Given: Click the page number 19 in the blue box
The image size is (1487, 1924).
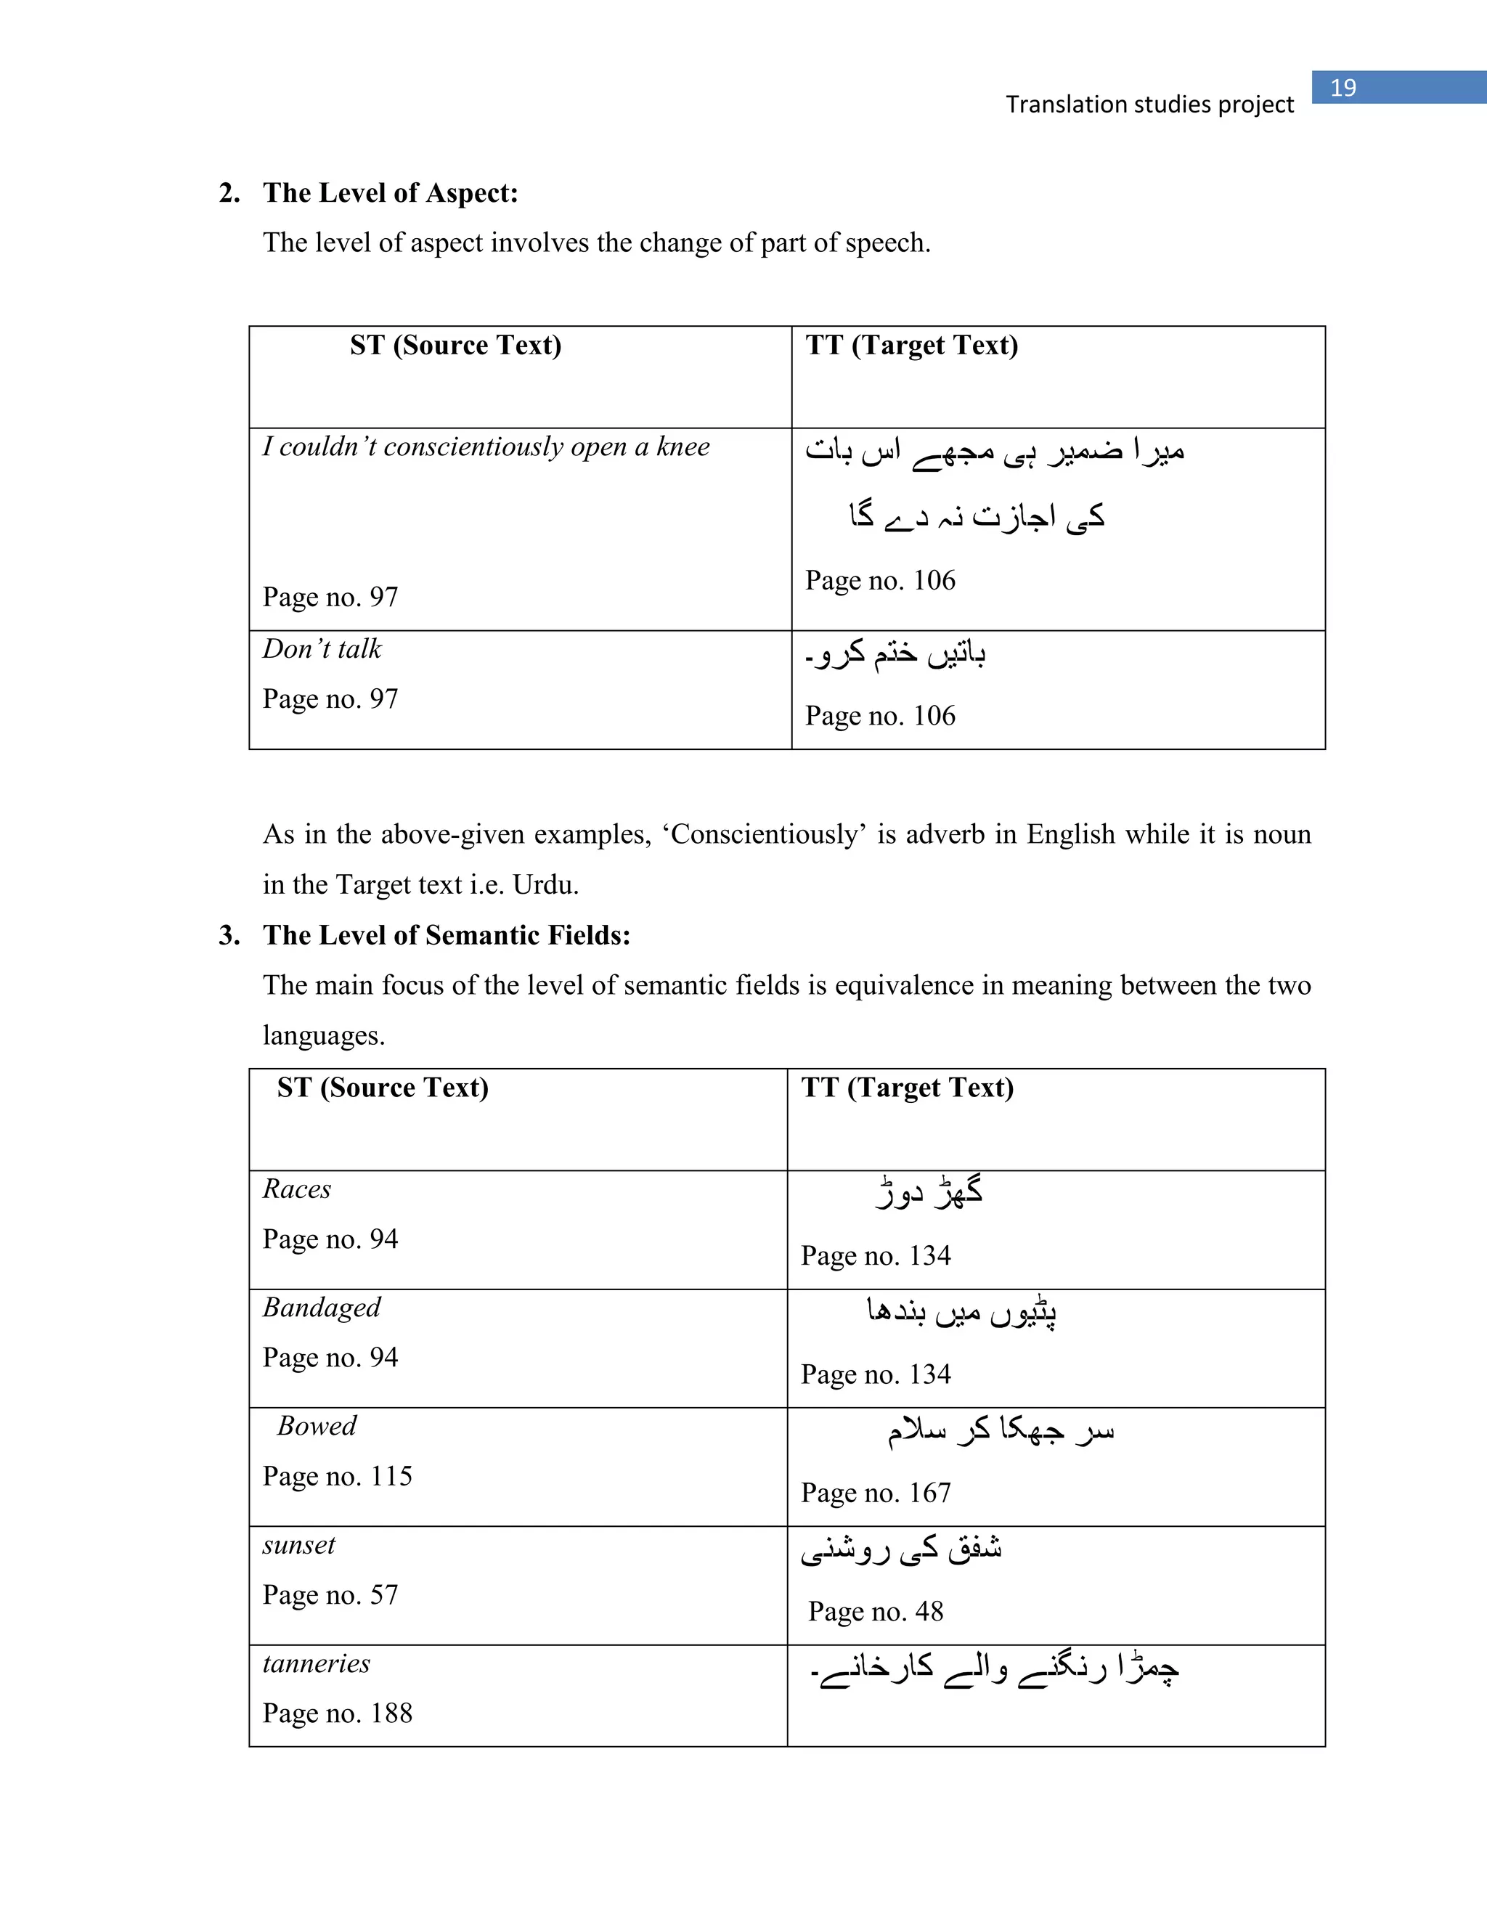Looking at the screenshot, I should point(1343,88).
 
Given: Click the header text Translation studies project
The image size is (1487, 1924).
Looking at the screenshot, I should point(1149,105).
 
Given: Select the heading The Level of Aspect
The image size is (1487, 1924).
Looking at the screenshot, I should point(390,193).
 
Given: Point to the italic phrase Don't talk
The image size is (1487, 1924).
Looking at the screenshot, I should point(322,649).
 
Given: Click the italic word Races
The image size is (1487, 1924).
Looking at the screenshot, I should point(297,1189).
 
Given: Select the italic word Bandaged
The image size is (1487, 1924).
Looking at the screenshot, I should point(322,1308).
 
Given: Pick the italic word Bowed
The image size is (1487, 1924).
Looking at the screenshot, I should point(317,1425).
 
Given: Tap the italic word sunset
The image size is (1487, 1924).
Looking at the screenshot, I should point(298,1545).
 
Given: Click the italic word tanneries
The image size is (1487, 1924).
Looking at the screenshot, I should point(317,1663).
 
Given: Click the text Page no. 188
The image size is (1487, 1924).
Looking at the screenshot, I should point(338,1713).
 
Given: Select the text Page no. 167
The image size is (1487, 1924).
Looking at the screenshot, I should point(876,1492).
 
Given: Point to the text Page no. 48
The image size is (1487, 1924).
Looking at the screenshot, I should point(876,1611).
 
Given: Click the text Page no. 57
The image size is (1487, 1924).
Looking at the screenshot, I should point(330,1594).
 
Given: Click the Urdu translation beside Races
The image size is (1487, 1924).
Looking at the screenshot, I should point(929,1192).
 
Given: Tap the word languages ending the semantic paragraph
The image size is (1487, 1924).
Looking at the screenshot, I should point(322,1035).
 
